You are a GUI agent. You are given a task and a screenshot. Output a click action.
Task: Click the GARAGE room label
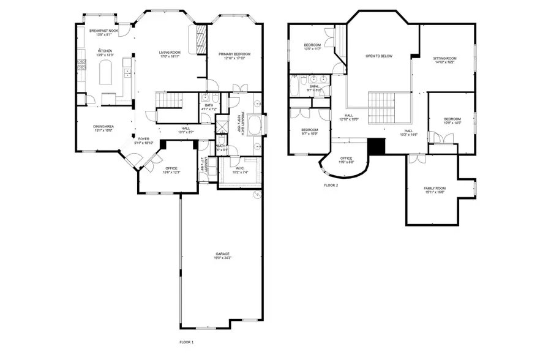tap(222, 253)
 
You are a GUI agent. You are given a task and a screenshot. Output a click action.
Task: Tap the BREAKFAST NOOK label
tap(103, 31)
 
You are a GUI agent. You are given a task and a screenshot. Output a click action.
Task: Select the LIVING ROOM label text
tap(168, 53)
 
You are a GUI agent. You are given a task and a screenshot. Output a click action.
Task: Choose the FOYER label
tap(144, 138)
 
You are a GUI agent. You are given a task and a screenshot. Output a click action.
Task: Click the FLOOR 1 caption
tap(186, 342)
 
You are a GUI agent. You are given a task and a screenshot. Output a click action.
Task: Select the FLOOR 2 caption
tap(331, 184)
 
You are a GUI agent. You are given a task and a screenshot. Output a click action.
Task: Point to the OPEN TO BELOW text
tap(378, 56)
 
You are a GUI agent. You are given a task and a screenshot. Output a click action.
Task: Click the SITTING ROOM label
tap(444, 58)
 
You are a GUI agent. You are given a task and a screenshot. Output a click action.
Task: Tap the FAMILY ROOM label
tap(435, 188)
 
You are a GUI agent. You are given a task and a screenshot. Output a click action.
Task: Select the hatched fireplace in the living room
tap(199, 42)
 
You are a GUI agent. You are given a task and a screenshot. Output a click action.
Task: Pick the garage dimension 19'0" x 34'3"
tap(222, 258)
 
